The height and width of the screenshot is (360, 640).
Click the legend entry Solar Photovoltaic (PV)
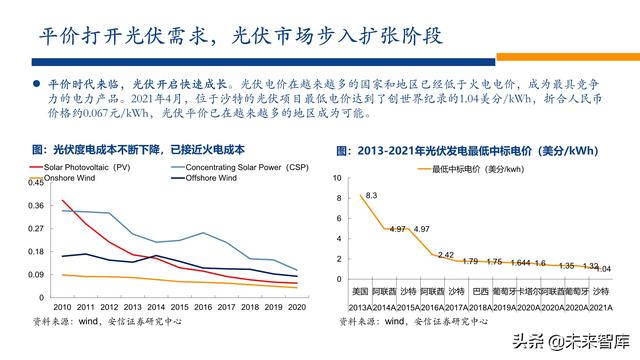[x=96, y=166]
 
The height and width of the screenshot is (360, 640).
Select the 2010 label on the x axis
[x=63, y=308]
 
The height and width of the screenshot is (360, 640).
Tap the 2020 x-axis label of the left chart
[x=297, y=308]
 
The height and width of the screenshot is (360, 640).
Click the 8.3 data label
[x=371, y=195]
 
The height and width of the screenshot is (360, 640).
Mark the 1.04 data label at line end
[x=603, y=268]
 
